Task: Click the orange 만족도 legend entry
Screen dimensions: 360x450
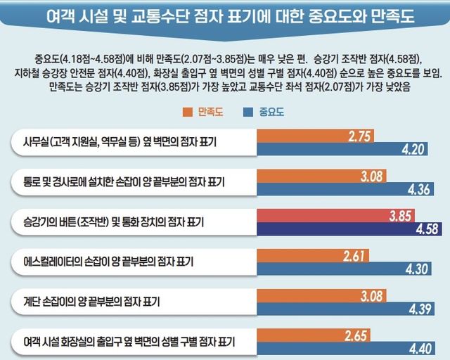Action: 205,112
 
